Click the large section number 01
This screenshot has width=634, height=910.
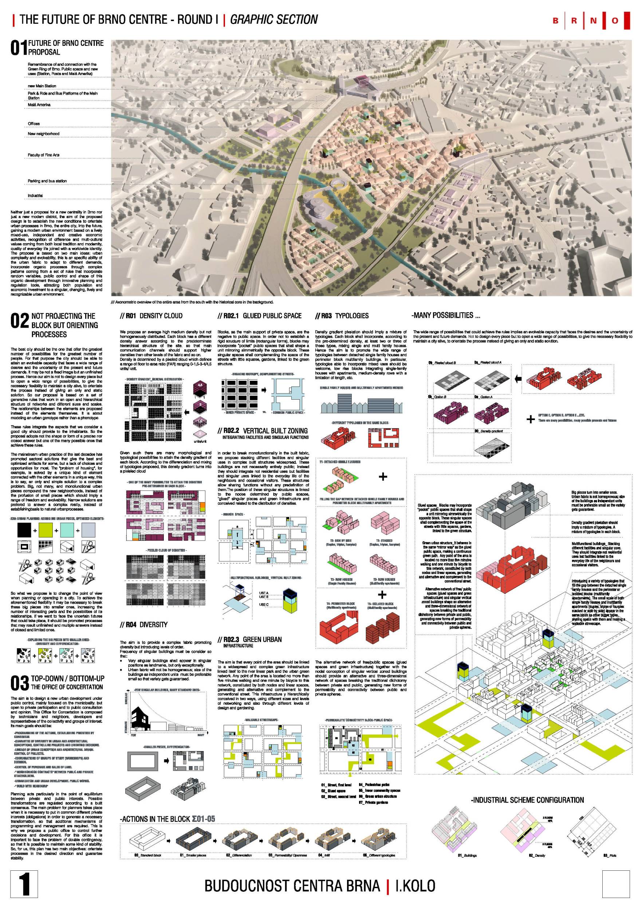19,48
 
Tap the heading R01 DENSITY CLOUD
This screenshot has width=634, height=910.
151,316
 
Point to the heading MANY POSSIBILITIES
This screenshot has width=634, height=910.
446,316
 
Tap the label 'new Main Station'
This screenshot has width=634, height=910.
42,86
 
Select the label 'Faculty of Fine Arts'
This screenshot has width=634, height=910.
44,155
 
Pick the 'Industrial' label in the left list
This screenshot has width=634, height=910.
35,196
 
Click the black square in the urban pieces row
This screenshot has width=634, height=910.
24,530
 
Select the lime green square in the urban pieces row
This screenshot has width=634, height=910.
46,530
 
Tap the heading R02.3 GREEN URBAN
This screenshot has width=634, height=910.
250,639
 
